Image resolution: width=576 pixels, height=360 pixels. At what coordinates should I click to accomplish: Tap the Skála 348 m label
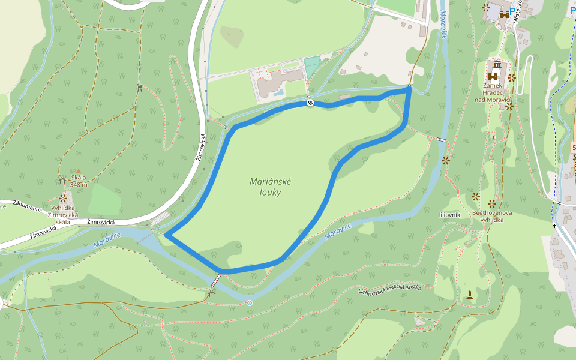point(79,181)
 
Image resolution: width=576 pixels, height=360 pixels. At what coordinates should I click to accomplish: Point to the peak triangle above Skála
point(78,171)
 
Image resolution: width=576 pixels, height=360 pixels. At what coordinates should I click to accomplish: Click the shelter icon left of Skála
point(62,179)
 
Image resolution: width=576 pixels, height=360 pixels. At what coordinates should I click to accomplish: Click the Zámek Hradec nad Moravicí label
point(496,92)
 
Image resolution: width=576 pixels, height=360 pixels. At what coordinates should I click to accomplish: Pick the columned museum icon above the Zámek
point(497,65)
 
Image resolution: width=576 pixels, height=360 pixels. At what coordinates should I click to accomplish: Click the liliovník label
point(449,214)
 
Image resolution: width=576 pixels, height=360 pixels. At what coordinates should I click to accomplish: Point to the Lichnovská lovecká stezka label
point(390,290)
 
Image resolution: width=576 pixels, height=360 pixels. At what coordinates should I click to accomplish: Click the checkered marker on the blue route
point(310,103)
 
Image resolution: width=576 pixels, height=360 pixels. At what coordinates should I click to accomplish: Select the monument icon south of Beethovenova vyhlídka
point(469,294)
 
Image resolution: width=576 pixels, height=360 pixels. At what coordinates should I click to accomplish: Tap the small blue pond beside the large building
point(277,92)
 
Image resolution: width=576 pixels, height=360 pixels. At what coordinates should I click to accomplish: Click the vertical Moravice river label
point(443,25)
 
